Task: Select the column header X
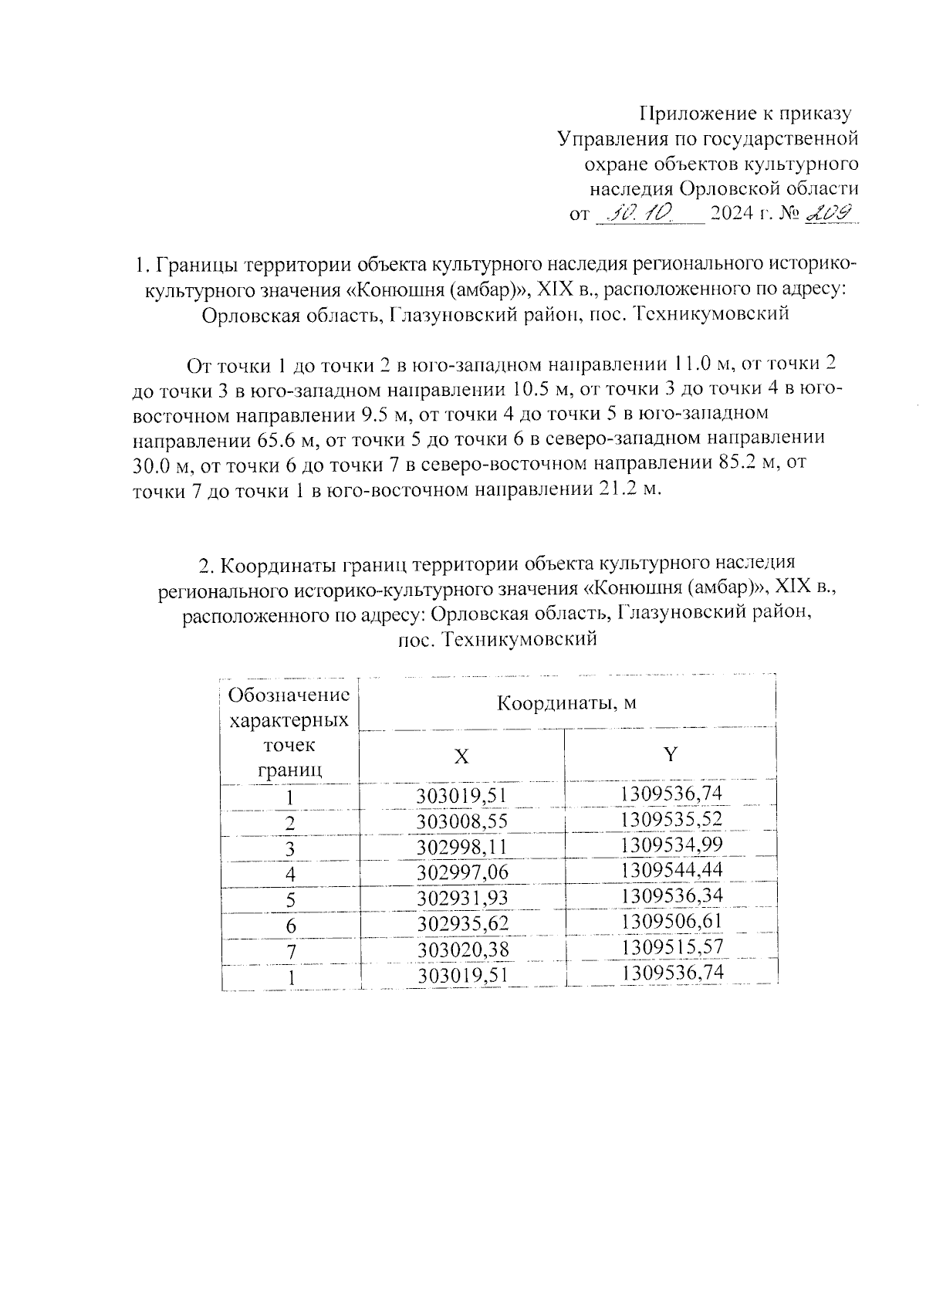461,757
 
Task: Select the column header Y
671,754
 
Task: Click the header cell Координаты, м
566,703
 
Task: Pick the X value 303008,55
462,821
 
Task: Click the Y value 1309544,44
671,870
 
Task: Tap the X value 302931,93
462,898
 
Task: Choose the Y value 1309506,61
671,921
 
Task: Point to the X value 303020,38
462,949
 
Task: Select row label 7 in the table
290,952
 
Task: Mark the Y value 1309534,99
671,844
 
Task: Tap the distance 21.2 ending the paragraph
618,489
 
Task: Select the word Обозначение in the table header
289,695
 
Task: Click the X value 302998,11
462,847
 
